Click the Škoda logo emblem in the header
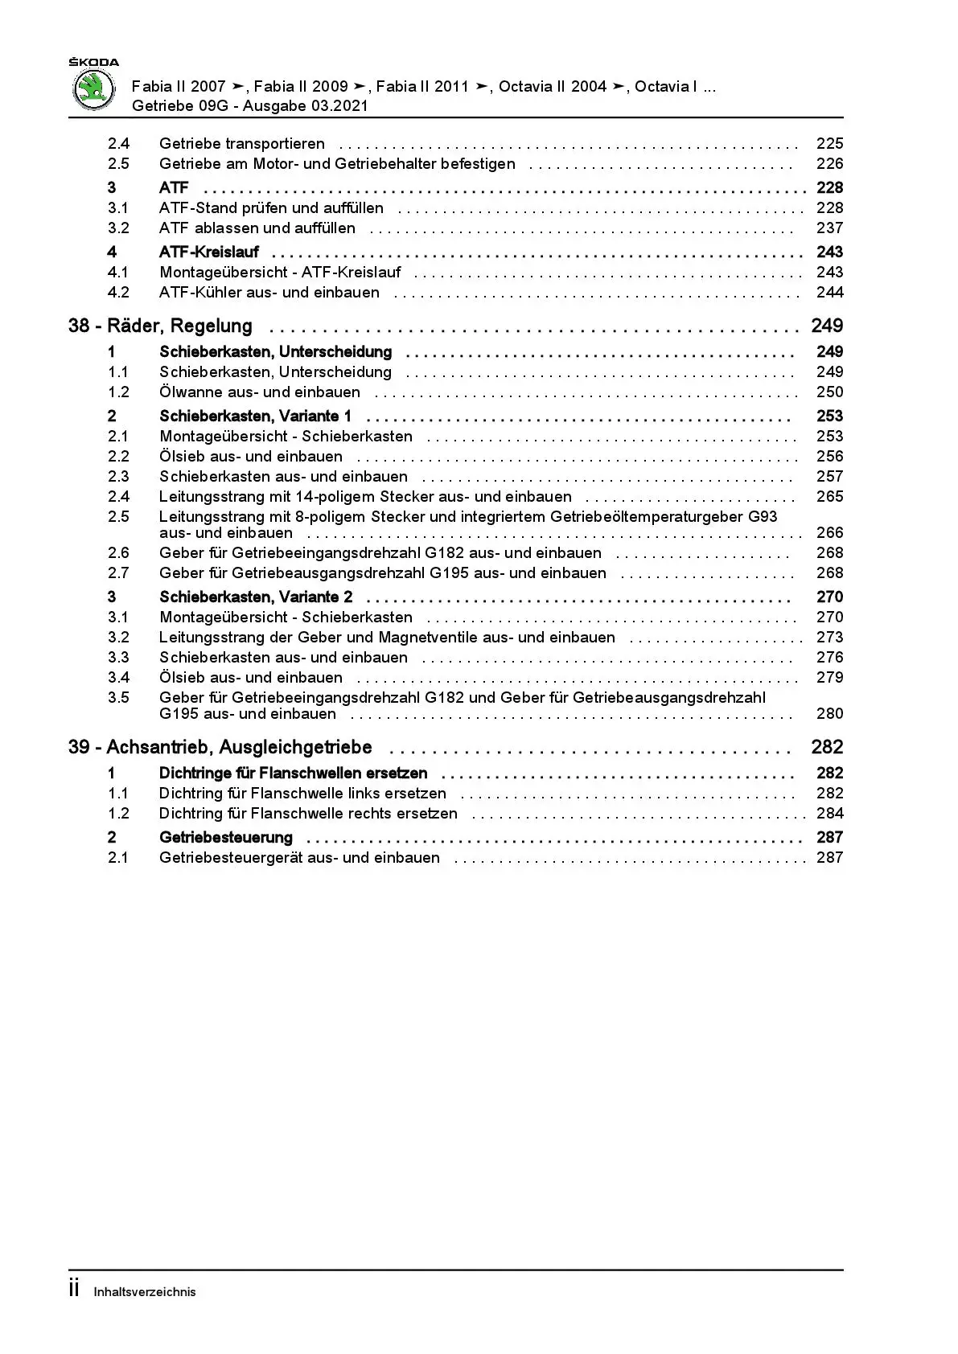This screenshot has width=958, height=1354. click(94, 89)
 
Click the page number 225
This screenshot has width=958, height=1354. click(829, 144)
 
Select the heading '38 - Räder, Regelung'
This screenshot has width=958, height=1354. click(160, 326)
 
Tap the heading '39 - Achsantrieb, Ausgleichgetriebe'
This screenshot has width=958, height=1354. click(220, 747)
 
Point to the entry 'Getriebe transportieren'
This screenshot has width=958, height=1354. click(242, 144)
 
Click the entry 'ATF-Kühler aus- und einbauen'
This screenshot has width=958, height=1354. click(269, 293)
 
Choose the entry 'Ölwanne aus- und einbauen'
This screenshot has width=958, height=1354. click(260, 392)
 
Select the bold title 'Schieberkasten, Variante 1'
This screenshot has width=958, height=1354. click(255, 416)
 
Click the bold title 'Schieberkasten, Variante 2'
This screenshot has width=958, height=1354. click(256, 597)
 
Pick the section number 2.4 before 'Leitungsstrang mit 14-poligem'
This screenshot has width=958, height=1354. click(118, 497)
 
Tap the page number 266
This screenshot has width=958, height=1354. click(829, 533)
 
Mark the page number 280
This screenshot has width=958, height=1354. click(829, 714)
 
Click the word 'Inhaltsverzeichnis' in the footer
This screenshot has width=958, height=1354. click(145, 1292)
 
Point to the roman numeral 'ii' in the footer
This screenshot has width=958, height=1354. click(75, 1290)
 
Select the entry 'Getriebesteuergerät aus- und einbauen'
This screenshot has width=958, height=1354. click(299, 858)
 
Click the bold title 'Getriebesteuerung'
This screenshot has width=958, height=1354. click(226, 838)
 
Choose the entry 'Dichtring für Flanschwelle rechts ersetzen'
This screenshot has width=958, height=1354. click(308, 814)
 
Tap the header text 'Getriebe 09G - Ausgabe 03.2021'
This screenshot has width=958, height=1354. click(250, 106)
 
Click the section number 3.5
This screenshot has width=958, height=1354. click(118, 698)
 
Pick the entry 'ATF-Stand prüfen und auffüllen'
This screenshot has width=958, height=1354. click(271, 208)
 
